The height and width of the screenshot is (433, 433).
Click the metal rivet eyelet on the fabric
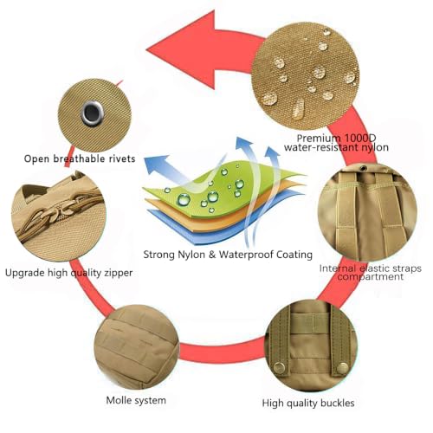click(92, 113)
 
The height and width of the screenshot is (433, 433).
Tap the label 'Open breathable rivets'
click(80, 158)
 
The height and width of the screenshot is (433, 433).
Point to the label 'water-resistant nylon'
click(336, 147)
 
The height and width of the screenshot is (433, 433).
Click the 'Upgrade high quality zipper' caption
click(68, 273)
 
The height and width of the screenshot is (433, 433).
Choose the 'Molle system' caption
click(136, 400)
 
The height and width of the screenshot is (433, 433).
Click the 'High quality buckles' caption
click(308, 403)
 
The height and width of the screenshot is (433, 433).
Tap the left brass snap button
click(279, 367)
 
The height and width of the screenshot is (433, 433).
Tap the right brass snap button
click(343, 368)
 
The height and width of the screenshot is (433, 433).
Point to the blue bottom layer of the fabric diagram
click(225, 228)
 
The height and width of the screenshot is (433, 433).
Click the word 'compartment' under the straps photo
click(371, 276)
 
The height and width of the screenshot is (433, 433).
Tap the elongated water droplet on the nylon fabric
click(299, 109)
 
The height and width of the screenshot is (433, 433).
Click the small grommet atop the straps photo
click(363, 168)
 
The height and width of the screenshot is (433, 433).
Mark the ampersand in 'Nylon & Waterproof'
click(212, 255)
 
